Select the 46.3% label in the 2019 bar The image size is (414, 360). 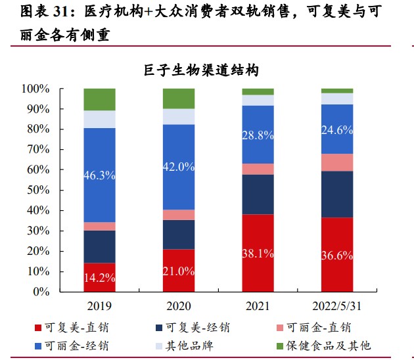(99, 175)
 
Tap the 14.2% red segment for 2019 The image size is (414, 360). (99, 277)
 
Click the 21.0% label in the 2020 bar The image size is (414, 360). (179, 271)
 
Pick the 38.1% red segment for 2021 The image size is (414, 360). (258, 253)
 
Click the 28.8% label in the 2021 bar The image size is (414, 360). (258, 135)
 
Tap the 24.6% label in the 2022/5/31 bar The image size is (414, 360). (336, 129)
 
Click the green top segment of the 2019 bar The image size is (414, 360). (99, 99)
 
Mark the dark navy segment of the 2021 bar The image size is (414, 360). (258, 194)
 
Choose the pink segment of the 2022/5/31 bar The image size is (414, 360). (336, 162)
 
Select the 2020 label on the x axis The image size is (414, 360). (179, 306)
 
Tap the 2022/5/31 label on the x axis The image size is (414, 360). (336, 306)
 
